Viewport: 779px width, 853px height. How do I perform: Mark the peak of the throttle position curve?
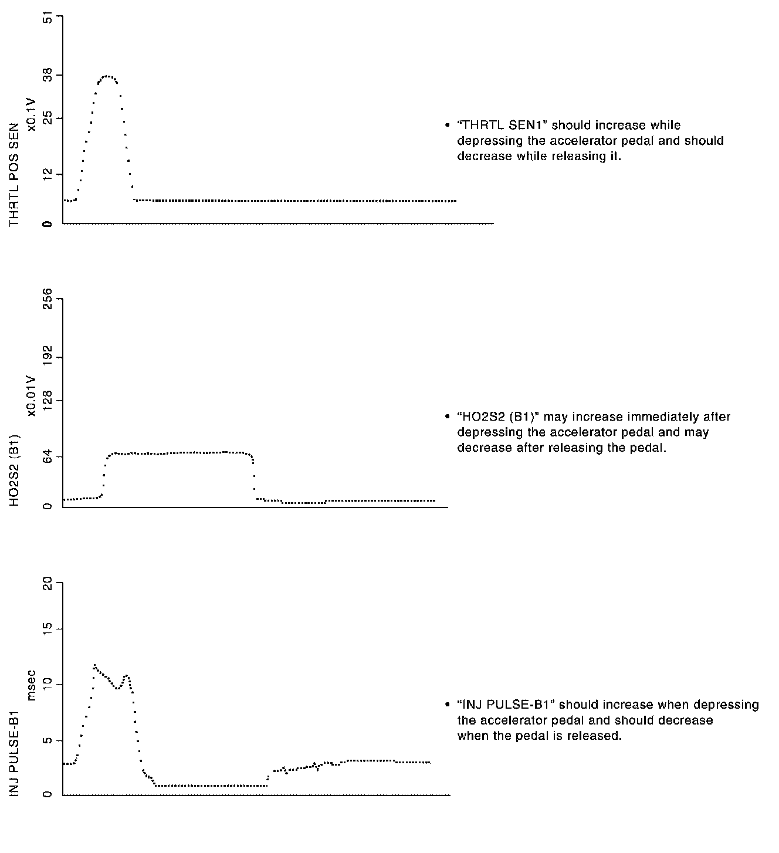(107, 76)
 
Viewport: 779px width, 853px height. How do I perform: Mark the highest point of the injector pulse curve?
(94, 665)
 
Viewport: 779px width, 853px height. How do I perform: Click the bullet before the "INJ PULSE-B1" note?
(447, 705)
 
